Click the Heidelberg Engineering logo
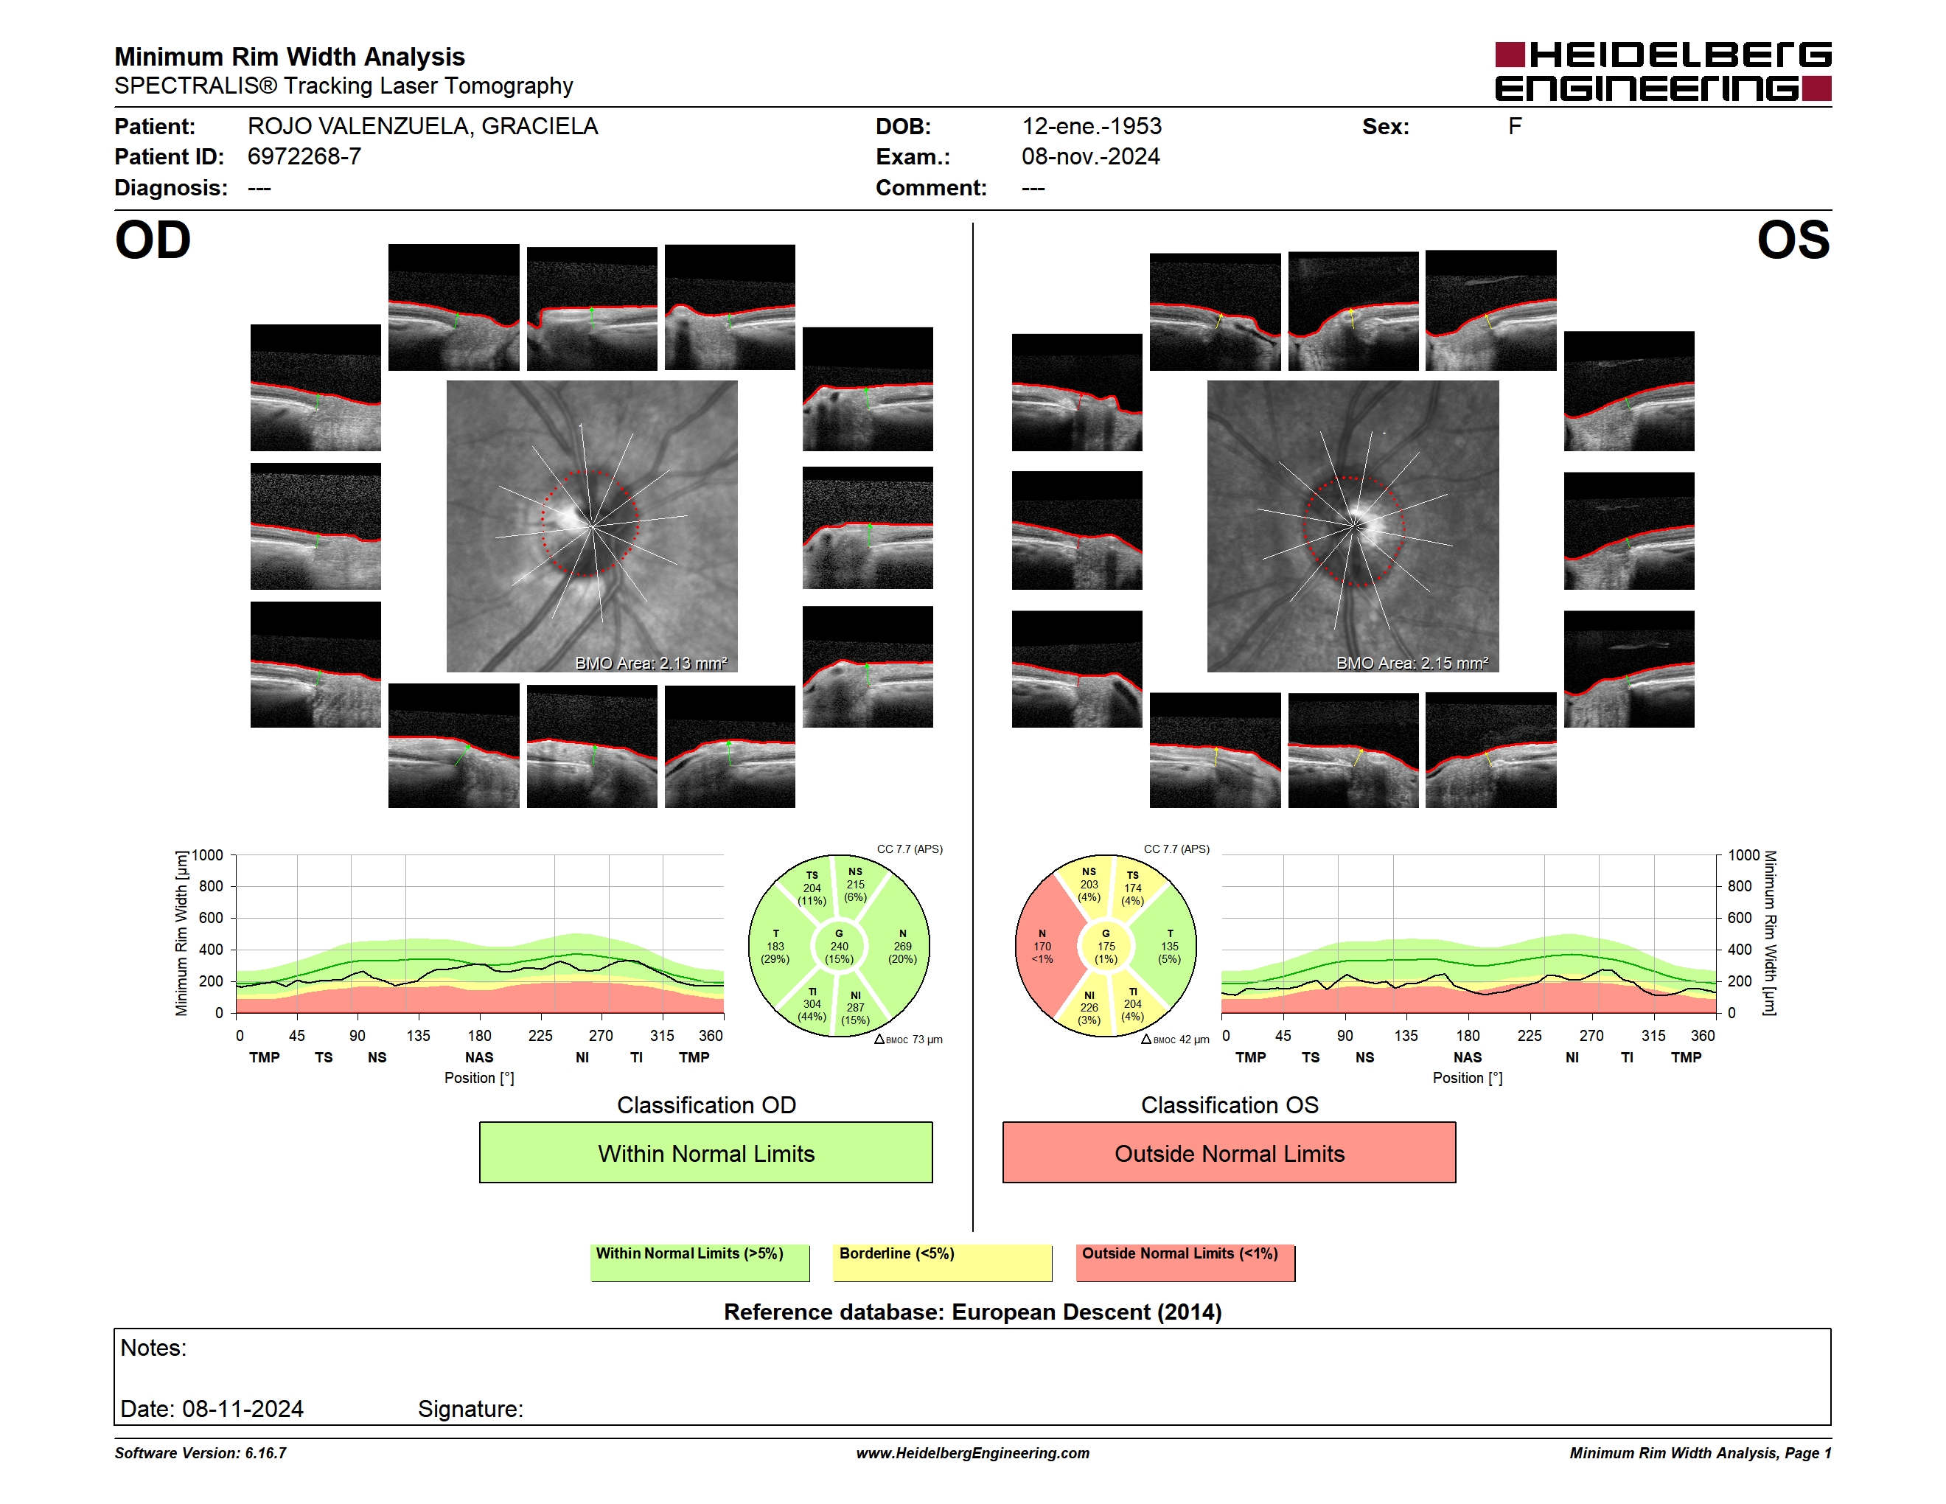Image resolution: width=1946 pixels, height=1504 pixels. (1663, 72)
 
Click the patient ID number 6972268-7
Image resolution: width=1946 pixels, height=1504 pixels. (304, 157)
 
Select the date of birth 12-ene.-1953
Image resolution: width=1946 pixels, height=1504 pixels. (1092, 127)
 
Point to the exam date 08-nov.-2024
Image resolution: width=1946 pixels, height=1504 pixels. (1091, 157)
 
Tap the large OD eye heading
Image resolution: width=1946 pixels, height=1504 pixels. (153, 240)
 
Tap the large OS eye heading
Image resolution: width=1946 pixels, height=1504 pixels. (1793, 240)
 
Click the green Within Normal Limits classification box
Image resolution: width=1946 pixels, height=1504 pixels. (705, 1152)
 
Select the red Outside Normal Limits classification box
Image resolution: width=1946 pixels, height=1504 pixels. (1229, 1152)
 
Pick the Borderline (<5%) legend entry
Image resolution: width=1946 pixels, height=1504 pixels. (942, 1262)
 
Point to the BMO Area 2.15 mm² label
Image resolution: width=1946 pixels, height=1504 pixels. (1412, 663)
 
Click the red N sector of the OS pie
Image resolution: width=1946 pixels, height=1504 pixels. (1045, 946)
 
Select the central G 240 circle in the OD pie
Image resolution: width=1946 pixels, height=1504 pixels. (838, 946)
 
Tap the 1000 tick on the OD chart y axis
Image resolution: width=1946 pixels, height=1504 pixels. (208, 855)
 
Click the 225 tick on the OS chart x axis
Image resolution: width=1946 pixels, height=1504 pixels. (1529, 1035)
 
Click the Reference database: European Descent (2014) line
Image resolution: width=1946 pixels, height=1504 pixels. (973, 1312)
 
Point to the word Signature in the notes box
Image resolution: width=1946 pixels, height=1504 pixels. (470, 1410)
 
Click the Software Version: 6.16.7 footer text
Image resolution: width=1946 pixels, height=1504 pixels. (200, 1453)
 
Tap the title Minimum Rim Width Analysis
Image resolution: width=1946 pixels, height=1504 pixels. (290, 57)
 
